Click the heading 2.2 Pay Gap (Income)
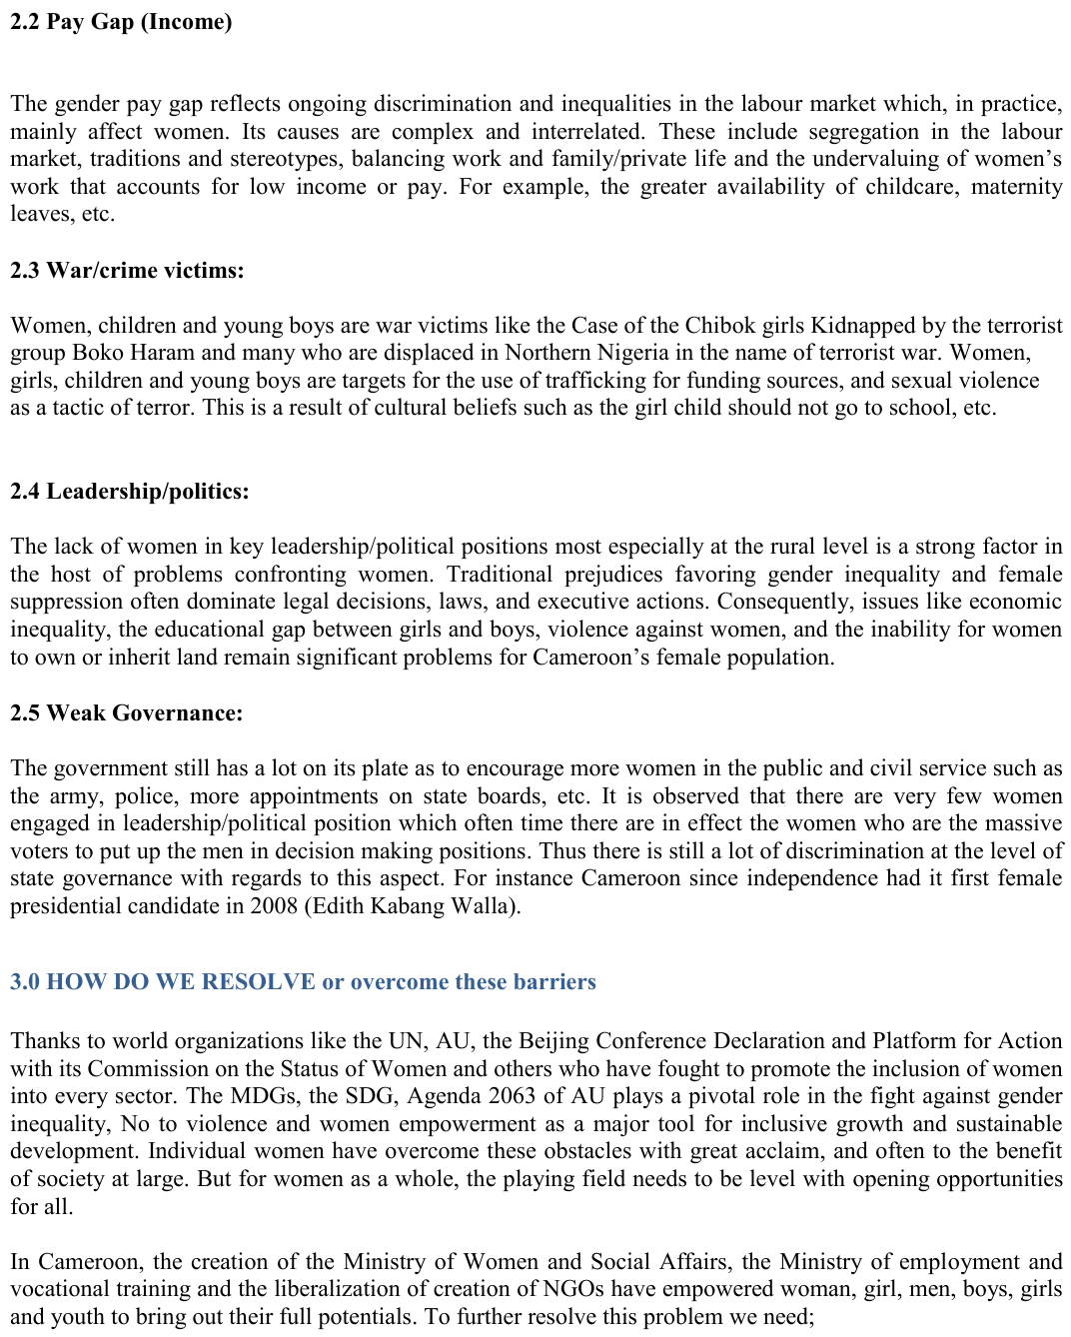(121, 22)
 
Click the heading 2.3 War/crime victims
(127, 270)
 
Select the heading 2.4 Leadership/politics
(129, 491)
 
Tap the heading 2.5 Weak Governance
(126, 712)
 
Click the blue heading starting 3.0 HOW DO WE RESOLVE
(303, 981)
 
